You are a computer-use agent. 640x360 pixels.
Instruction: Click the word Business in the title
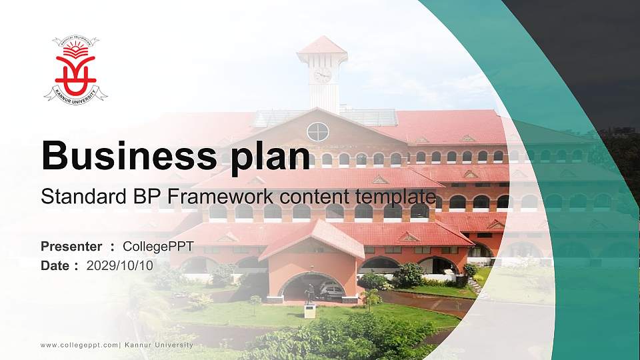(123, 156)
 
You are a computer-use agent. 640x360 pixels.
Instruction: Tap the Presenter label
(71, 247)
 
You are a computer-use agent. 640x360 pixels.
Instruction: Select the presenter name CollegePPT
(158, 247)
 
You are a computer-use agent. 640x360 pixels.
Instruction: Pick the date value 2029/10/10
(120, 265)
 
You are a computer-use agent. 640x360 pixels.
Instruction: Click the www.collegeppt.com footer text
(79, 345)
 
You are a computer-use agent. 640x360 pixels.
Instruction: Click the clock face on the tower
(323, 75)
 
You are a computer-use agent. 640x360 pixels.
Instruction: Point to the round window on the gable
(318, 131)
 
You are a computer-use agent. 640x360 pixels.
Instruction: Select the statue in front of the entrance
(309, 294)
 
